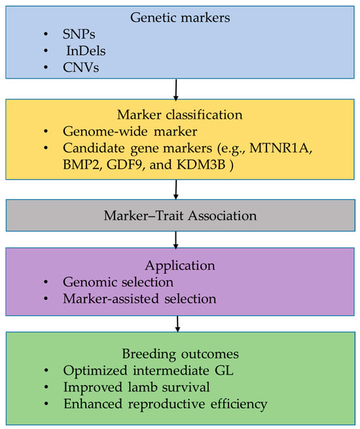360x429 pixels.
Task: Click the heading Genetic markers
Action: click(180, 18)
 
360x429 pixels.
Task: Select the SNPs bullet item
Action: click(79, 34)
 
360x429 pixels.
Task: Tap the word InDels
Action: click(86, 51)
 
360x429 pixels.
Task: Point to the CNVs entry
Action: click(81, 67)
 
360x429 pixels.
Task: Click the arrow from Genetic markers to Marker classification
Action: click(176, 90)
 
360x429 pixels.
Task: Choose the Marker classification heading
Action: click(180, 115)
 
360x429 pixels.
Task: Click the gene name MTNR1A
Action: click(279, 148)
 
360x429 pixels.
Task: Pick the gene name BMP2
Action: click(81, 164)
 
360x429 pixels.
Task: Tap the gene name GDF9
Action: click(124, 164)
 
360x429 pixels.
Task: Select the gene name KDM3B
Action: click(201, 164)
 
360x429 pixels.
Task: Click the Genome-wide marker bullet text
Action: click(130, 132)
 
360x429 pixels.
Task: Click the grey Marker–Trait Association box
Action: click(181, 215)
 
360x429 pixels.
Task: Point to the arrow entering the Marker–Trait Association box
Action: click(176, 189)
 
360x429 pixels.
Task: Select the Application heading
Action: click(180, 266)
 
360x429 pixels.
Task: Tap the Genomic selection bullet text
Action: click(118, 282)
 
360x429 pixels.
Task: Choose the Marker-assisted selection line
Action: click(139, 299)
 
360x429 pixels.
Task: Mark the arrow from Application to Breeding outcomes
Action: click(177, 324)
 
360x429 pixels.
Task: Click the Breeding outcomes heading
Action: click(181, 354)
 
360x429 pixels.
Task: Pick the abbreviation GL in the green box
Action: click(224, 371)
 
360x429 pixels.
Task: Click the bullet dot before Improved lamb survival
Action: click(46, 387)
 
